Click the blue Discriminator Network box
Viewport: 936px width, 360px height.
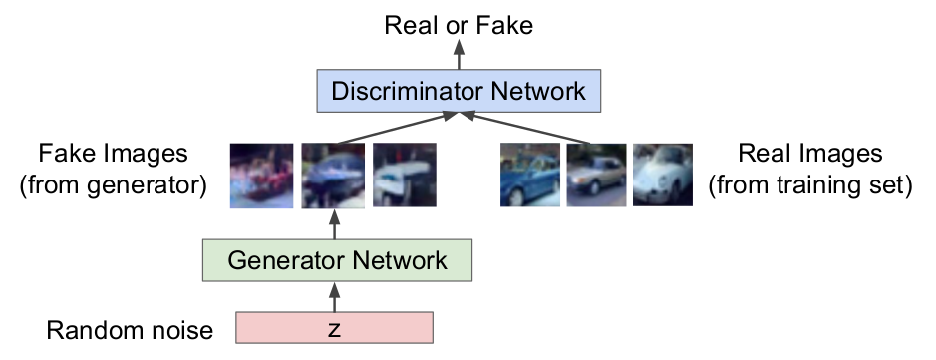point(459,92)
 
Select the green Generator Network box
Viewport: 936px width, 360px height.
point(336,261)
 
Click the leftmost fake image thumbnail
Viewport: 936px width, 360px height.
point(261,176)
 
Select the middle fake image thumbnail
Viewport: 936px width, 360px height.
point(334,176)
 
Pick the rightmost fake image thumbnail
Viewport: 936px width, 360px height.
point(405,176)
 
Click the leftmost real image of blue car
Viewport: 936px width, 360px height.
point(528,176)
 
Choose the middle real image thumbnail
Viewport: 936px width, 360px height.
point(596,176)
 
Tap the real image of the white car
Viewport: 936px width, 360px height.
point(662,176)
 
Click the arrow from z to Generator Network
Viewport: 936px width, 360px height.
point(334,297)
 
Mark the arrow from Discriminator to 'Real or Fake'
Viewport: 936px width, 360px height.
point(459,56)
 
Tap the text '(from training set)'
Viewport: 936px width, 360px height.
point(809,185)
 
